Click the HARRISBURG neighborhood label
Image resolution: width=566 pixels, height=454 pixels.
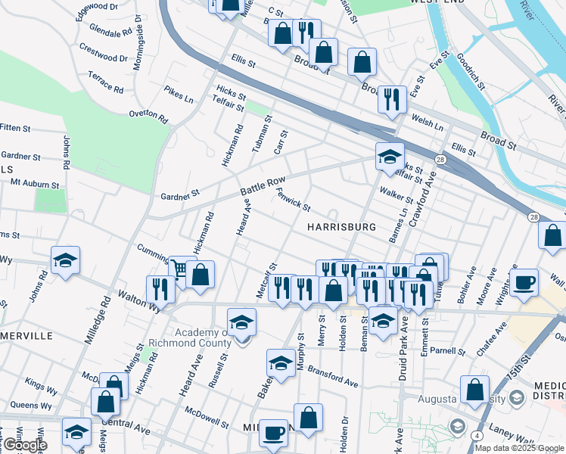click(341, 227)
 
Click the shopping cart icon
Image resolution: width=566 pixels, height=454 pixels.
click(179, 269)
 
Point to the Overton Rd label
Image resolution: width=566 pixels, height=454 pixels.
click(148, 114)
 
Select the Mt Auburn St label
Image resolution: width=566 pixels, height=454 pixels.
click(34, 184)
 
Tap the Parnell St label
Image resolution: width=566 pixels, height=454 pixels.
click(448, 351)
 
